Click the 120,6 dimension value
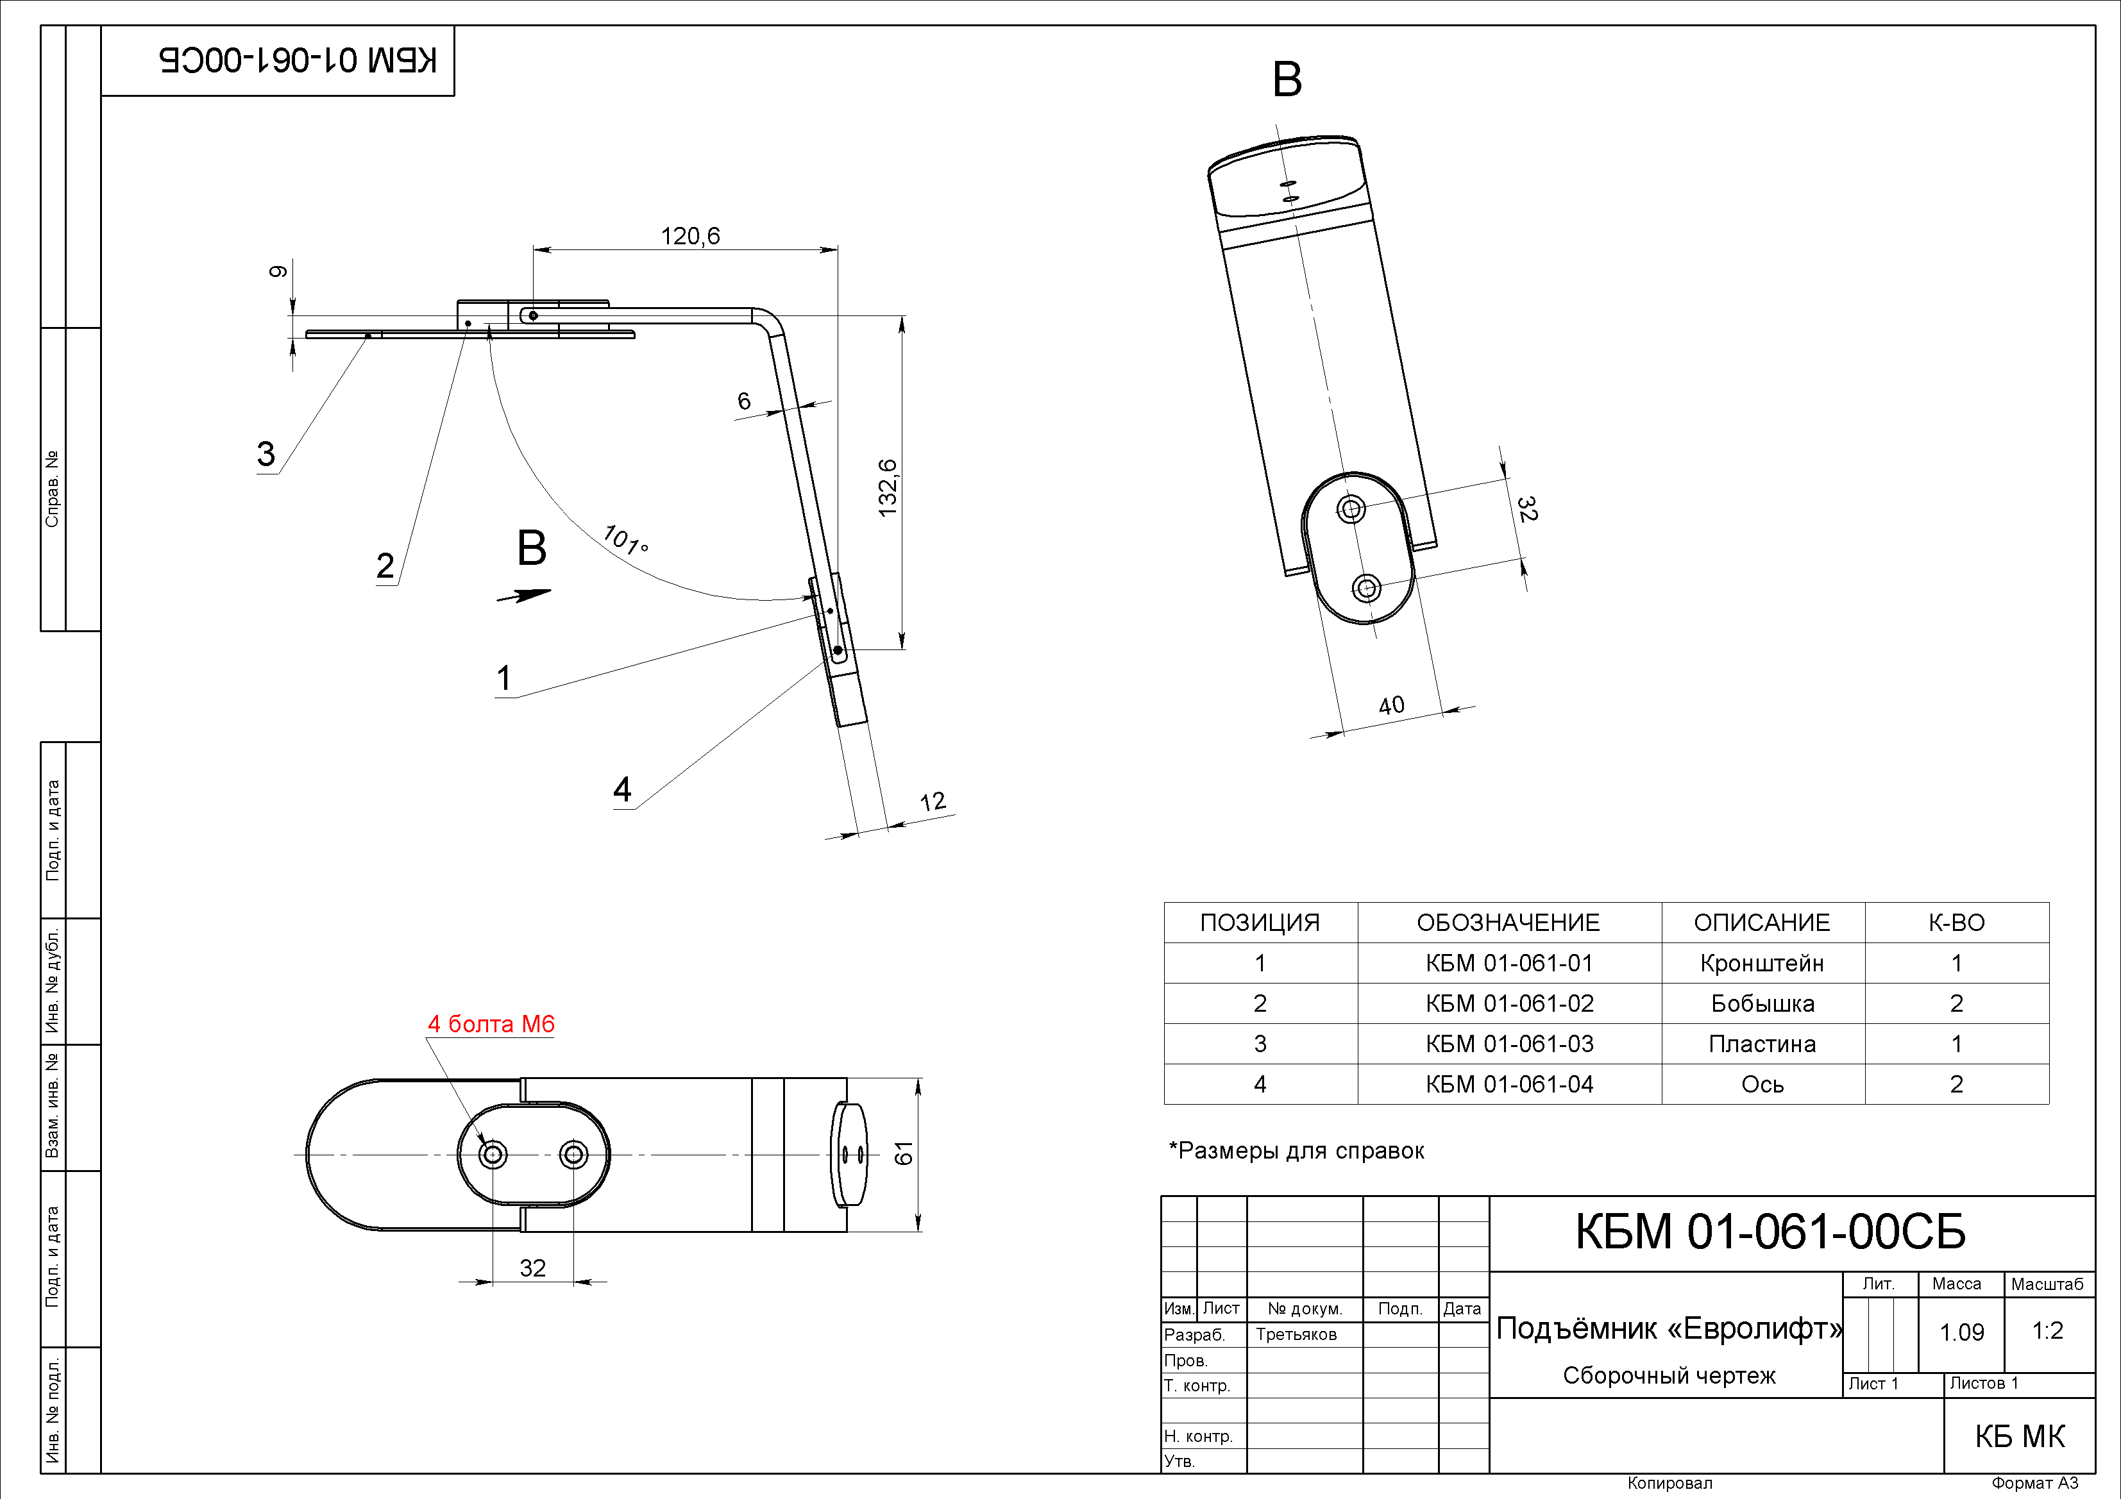(x=690, y=237)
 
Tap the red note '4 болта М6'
(x=491, y=1025)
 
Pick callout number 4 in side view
(x=623, y=790)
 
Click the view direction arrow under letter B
(x=524, y=596)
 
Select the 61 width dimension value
(x=904, y=1153)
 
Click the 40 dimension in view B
(x=1391, y=706)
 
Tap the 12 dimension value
(x=933, y=801)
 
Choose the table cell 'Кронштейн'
(x=1762, y=963)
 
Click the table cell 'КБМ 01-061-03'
(x=1510, y=1044)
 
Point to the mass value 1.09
(x=1961, y=1332)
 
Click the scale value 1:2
(x=2047, y=1331)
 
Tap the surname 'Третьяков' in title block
(x=1296, y=1335)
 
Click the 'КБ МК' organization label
(x=2020, y=1436)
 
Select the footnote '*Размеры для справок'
(x=1296, y=1151)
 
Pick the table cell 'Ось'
(x=1762, y=1084)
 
